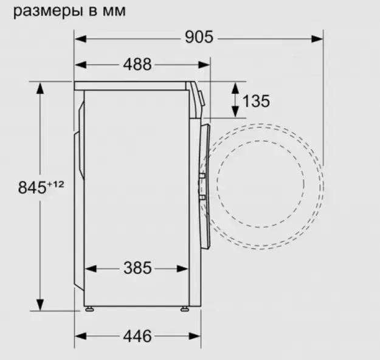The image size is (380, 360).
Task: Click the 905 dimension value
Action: (199, 37)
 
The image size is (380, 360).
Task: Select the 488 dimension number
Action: (137, 64)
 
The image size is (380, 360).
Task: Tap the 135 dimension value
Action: (256, 101)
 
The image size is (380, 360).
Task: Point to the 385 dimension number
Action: (137, 268)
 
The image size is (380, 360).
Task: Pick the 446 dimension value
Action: (137, 336)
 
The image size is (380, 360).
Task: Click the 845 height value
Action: (32, 187)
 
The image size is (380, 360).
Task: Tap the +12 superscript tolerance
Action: (55, 184)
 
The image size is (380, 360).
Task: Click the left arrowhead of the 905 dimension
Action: (80, 39)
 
